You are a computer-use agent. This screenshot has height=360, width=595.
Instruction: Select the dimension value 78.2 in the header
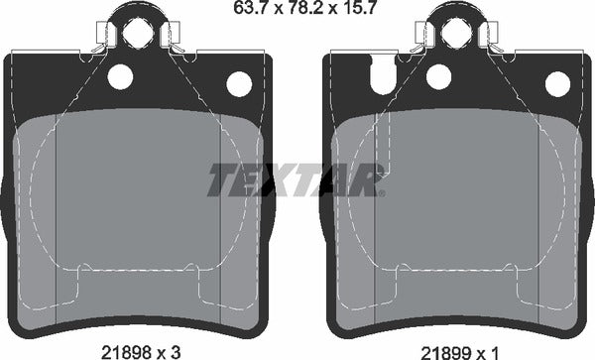pyautogui.click(x=298, y=11)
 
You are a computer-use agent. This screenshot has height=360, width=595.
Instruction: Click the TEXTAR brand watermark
pyautogui.click(x=295, y=180)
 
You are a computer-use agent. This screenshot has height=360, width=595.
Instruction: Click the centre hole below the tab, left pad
pyautogui.click(x=121, y=74)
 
